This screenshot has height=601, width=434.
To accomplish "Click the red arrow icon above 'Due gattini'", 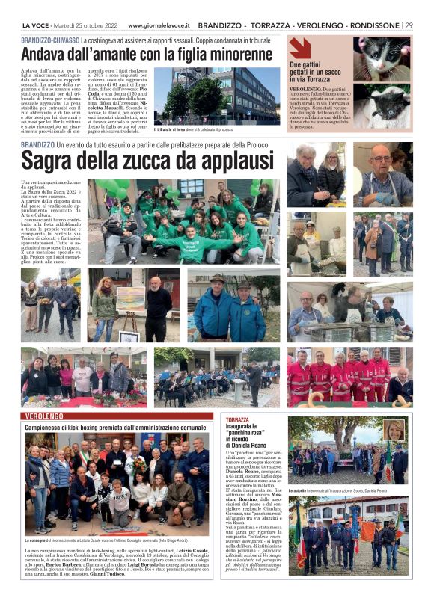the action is pyautogui.click(x=300, y=48).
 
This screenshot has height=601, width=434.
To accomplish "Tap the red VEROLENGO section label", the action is pyautogui.click(x=43, y=415).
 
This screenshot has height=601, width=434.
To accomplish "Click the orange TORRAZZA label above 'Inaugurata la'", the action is pyautogui.click(x=237, y=420).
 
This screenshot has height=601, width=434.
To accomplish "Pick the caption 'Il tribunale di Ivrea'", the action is pyautogui.click(x=180, y=129).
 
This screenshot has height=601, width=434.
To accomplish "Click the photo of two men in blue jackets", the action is pyautogui.click(x=234, y=306).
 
